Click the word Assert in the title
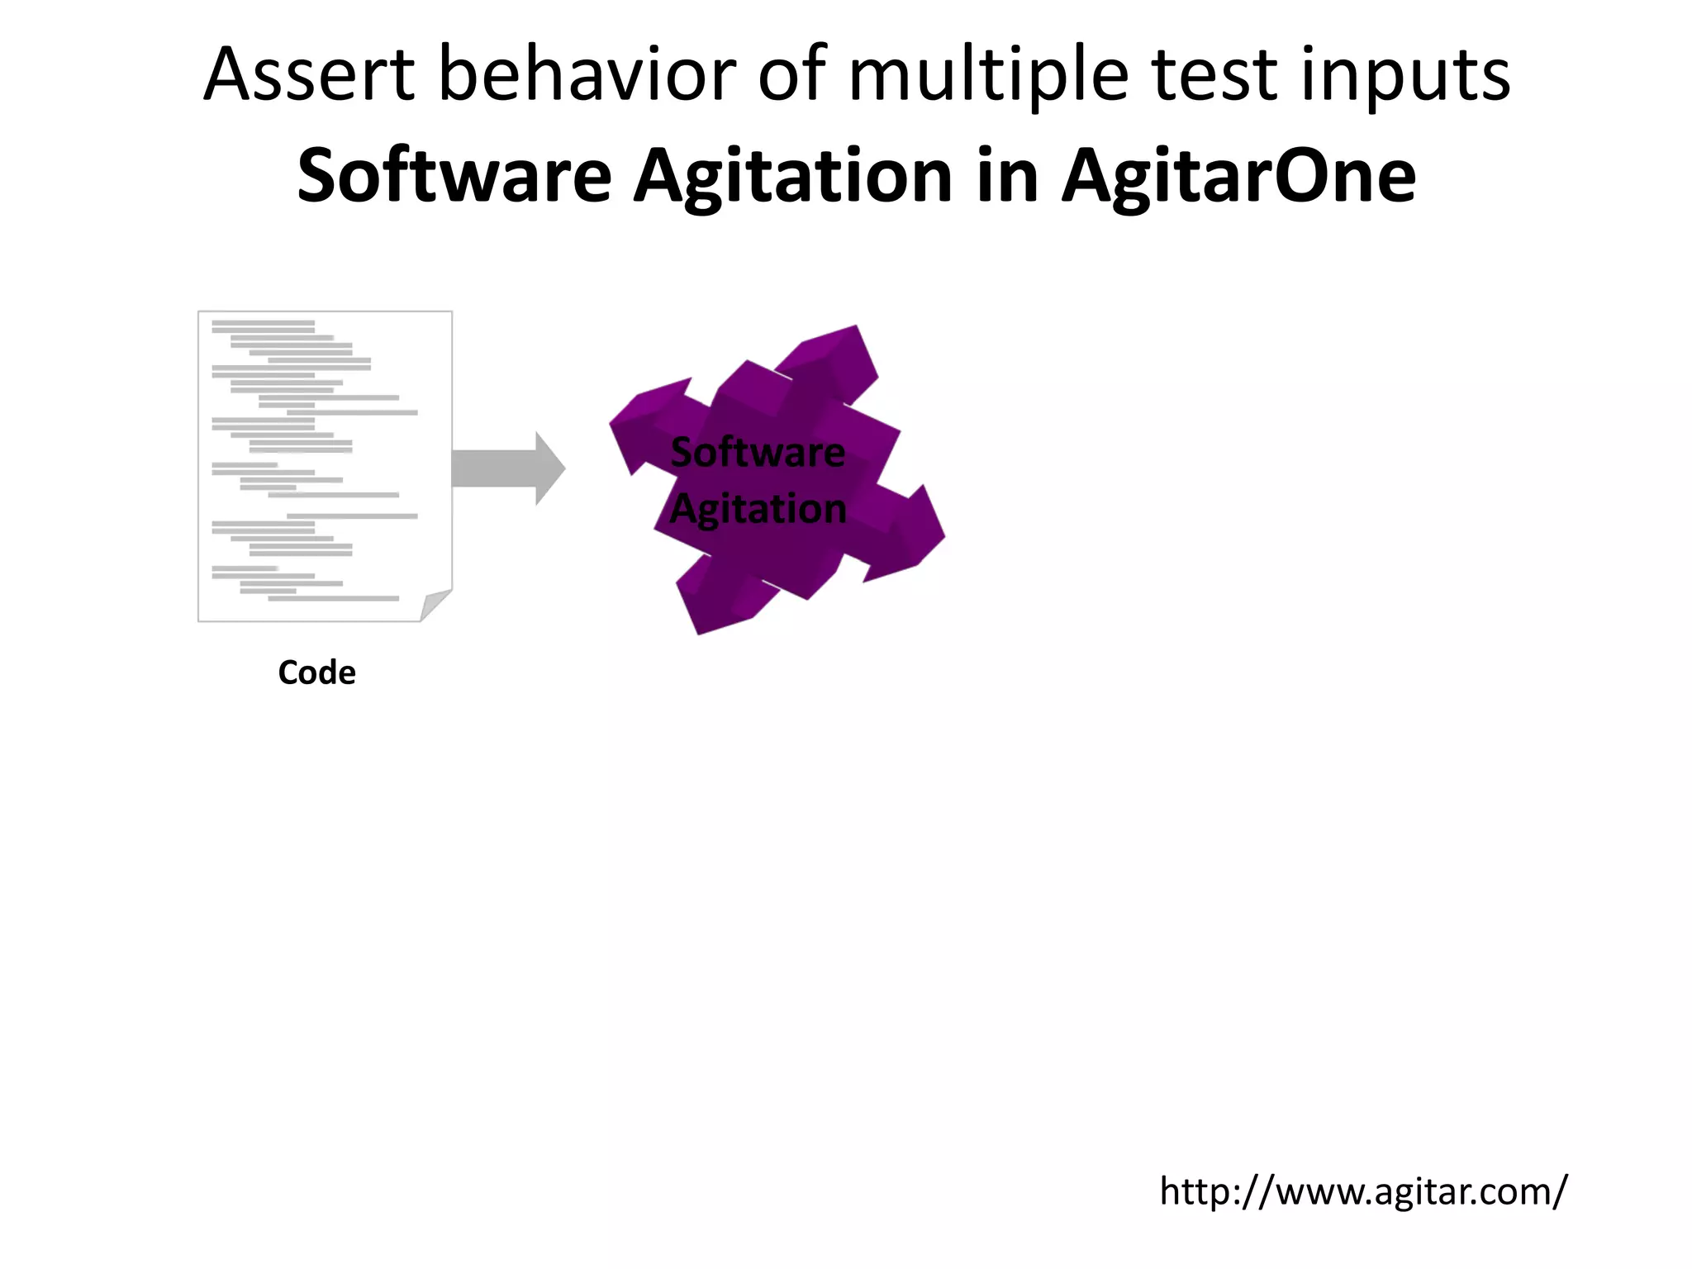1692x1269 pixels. point(308,76)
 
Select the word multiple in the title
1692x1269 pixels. point(988,76)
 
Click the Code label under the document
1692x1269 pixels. point(316,673)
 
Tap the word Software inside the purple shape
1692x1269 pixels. point(758,453)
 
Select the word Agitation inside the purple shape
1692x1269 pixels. point(758,509)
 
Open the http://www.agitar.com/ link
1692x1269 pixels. point(1362,1191)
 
